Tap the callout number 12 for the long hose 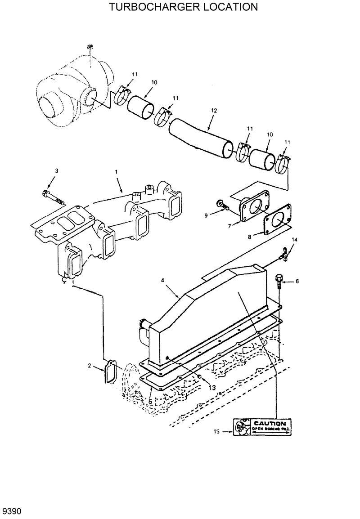[x=214, y=110]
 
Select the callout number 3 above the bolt [x=57, y=171]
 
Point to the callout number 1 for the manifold [x=116, y=172]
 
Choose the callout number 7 [x=229, y=225]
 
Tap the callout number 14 [x=294, y=240]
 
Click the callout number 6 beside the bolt [x=297, y=282]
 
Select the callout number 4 [x=162, y=280]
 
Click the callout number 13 [x=212, y=387]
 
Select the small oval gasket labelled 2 [x=110, y=371]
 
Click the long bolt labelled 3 [x=52, y=197]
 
